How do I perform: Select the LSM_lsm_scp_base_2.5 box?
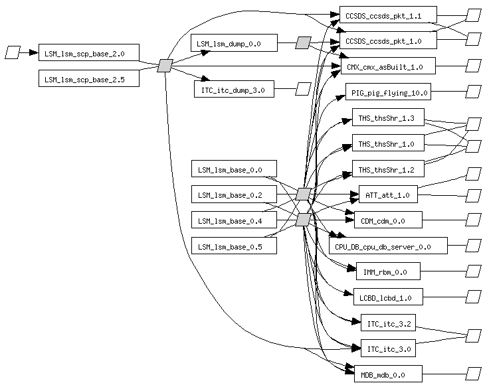tap(90, 78)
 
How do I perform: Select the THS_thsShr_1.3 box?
tap(387, 118)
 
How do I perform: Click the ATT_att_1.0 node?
tap(388, 195)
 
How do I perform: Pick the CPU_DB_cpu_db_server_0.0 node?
tap(388, 246)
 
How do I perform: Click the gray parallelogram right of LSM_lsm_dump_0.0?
tap(303, 42)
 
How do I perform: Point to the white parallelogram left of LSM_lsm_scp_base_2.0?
tap(13, 52)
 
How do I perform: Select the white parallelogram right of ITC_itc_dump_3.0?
tap(303, 89)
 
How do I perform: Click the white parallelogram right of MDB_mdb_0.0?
tap(473, 374)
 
